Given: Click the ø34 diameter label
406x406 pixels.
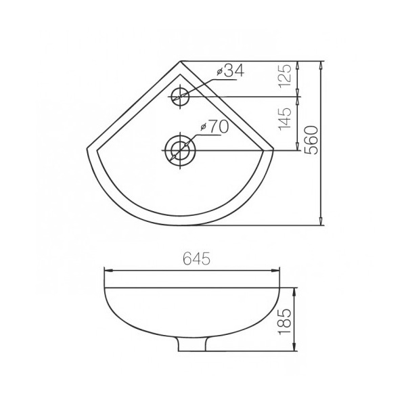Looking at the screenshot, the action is click(x=231, y=70).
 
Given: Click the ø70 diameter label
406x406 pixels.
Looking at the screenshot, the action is click(x=215, y=127).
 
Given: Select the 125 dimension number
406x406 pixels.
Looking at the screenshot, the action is click(x=285, y=76).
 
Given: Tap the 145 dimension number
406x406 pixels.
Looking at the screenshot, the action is click(x=285, y=119).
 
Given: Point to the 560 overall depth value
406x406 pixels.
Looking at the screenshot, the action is click(x=311, y=140).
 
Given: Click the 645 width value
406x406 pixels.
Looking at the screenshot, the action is click(x=196, y=258).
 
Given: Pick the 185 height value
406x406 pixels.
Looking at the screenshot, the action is click(x=285, y=321).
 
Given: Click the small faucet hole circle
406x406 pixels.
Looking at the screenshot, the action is click(x=180, y=97).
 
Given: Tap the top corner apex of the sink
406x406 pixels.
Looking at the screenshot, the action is click(x=181, y=61).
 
